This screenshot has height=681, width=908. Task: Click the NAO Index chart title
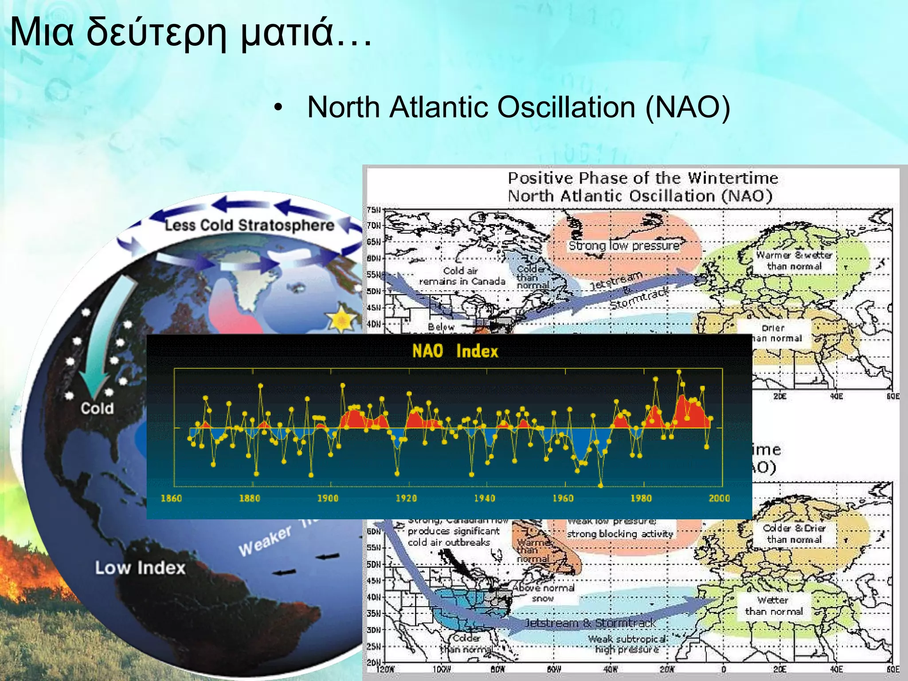click(x=455, y=351)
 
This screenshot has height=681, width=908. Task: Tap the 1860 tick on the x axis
click(x=171, y=498)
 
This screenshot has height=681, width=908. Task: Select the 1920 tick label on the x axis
click(x=406, y=498)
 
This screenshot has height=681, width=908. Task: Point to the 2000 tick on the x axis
click(x=719, y=498)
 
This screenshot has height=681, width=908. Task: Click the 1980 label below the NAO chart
click(x=641, y=498)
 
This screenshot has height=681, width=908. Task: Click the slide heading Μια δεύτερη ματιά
click(x=191, y=32)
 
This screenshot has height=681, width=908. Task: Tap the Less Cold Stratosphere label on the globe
click(x=249, y=225)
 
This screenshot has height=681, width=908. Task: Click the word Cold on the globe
click(x=97, y=408)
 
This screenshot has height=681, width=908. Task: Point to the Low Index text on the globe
click(x=140, y=568)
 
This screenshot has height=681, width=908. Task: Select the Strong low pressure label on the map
click(x=624, y=246)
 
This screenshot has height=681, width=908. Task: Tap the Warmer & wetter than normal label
click(x=794, y=260)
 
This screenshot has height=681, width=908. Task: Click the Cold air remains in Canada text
click(x=462, y=276)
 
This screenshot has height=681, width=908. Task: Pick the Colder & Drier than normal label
click(x=794, y=533)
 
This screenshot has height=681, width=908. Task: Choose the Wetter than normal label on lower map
click(x=773, y=606)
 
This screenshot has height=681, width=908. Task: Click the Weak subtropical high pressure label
click(x=626, y=644)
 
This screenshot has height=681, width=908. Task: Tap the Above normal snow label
click(x=544, y=593)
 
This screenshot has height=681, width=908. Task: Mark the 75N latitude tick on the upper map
click(x=373, y=210)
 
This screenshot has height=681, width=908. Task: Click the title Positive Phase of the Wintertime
click(x=642, y=178)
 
